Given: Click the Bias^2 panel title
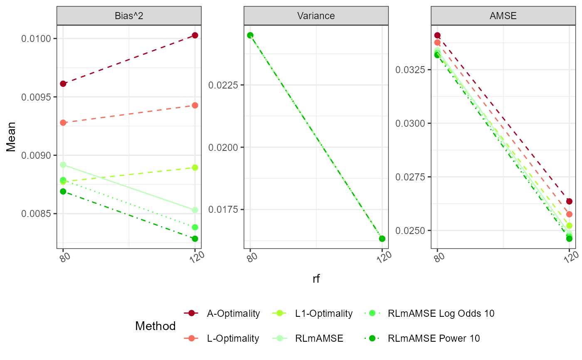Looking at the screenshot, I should pyautogui.click(x=129, y=16).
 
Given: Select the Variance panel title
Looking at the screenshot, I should pyautogui.click(x=316, y=16).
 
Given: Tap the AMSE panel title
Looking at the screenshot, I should pyautogui.click(x=503, y=16).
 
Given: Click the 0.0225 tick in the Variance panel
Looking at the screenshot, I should pyautogui.click(x=225, y=85).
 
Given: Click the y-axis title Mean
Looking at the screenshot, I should pyautogui.click(x=11, y=137).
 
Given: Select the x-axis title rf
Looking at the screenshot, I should pyautogui.click(x=316, y=279).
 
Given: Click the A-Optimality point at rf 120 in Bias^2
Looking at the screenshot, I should pyautogui.click(x=195, y=35).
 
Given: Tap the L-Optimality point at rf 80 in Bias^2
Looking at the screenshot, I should pyautogui.click(x=63, y=123).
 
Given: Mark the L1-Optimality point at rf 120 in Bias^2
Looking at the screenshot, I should pyautogui.click(x=195, y=168).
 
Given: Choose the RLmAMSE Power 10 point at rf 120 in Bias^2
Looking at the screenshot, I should pyautogui.click(x=195, y=239).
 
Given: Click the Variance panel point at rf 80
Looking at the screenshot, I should pyautogui.click(x=250, y=35).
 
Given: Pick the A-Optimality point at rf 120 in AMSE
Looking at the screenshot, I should pyautogui.click(x=569, y=202).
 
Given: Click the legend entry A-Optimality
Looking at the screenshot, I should pyautogui.click(x=233, y=313).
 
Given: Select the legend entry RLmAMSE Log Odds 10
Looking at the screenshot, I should pyautogui.click(x=441, y=313).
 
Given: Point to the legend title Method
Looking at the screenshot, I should pyautogui.click(x=155, y=326).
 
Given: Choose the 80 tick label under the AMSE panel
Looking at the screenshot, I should pyautogui.click(x=439, y=257).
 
